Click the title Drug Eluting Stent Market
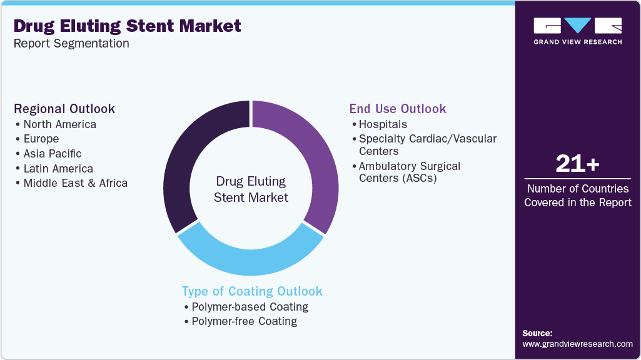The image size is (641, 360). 127,26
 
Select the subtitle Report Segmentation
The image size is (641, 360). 71,44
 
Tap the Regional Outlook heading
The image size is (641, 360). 64,109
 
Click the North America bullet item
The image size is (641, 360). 59,124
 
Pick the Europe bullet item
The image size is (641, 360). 41,139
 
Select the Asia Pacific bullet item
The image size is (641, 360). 52,154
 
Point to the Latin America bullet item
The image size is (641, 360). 58,169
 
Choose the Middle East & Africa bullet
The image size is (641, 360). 75,183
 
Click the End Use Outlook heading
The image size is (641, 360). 398,109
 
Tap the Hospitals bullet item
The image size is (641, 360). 383,124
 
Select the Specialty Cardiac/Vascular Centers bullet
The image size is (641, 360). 427,144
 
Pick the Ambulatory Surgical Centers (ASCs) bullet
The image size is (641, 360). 409,172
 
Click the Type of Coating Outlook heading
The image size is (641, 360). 252,291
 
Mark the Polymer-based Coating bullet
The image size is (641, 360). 250,307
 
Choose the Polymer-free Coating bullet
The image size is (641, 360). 244,321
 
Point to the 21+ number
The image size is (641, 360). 577,164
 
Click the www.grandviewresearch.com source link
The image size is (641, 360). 577,344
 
